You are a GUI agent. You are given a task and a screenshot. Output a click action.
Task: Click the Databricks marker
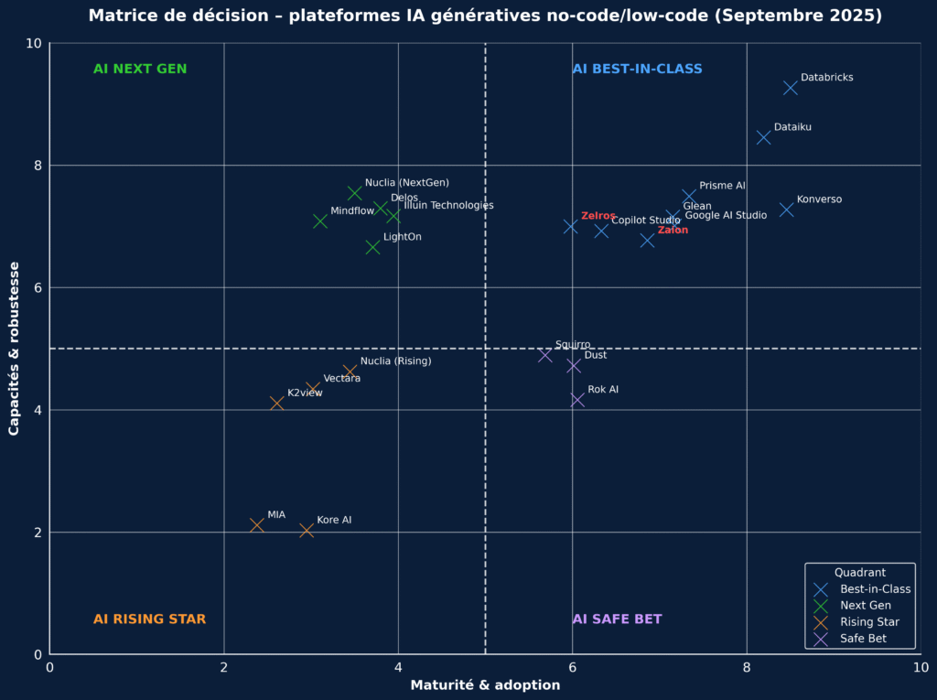pyautogui.click(x=791, y=88)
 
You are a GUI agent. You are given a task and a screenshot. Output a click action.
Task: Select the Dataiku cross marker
pyautogui.click(x=763, y=137)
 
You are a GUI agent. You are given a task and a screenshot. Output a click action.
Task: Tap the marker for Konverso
pyautogui.click(x=786, y=210)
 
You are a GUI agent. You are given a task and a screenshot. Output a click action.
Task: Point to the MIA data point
pyautogui.click(x=257, y=525)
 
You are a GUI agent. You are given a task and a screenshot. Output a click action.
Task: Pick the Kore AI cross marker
pyautogui.click(x=307, y=531)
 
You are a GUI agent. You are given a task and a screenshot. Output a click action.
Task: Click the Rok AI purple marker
pyautogui.click(x=577, y=400)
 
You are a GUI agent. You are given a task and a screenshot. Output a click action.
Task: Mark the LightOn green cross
pyautogui.click(x=372, y=247)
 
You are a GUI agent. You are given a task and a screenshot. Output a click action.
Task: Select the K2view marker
pyautogui.click(x=277, y=403)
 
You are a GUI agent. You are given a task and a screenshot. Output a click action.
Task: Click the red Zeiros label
pyautogui.click(x=598, y=216)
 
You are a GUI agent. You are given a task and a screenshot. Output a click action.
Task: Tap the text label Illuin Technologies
pyautogui.click(x=448, y=206)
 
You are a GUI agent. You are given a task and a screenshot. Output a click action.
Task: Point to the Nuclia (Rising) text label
pyautogui.click(x=395, y=361)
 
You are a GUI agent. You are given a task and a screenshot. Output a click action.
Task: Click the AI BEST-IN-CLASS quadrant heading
pyautogui.click(x=637, y=70)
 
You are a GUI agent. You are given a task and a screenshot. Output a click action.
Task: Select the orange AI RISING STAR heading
pyautogui.click(x=149, y=619)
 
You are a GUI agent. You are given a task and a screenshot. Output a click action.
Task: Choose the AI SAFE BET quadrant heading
pyautogui.click(x=617, y=619)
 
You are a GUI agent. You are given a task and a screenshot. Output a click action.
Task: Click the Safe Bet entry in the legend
pyautogui.click(x=863, y=639)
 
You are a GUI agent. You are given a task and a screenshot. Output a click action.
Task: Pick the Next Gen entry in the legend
pyautogui.click(x=865, y=606)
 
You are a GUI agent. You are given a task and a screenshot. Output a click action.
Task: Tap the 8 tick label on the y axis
pyautogui.click(x=38, y=166)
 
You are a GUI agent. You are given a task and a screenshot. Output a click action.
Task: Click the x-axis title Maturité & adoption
pyautogui.click(x=485, y=685)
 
